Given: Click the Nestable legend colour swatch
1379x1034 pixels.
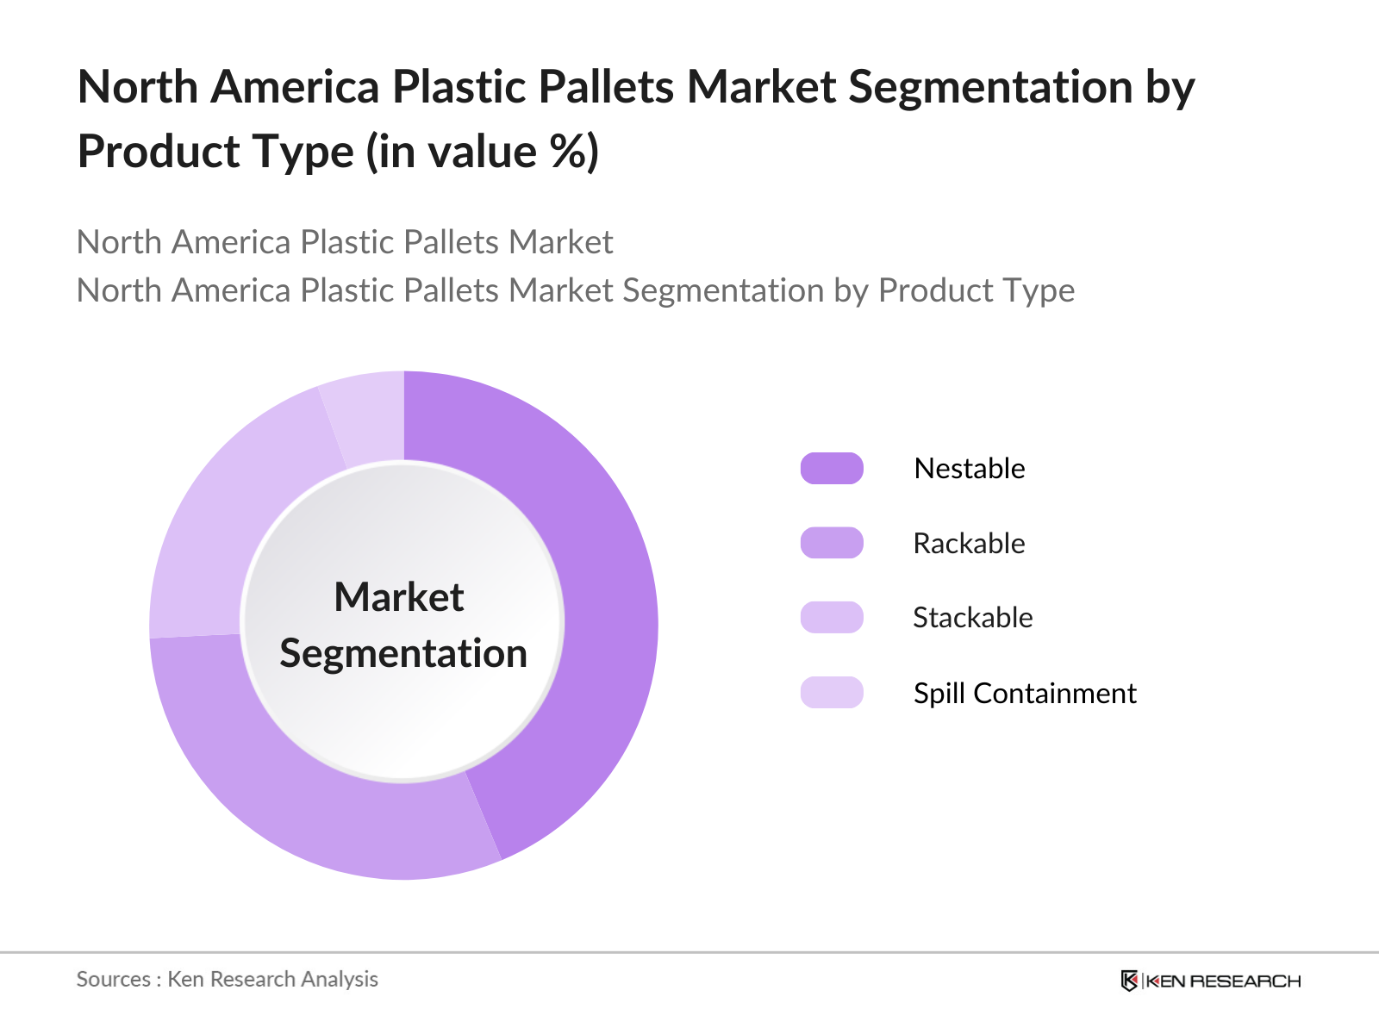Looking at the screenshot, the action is click(831, 469).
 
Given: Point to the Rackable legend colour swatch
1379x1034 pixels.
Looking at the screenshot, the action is click(831, 543).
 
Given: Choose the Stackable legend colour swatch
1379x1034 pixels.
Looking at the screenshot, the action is click(831, 618).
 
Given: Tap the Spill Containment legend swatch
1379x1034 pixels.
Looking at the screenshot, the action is click(831, 693).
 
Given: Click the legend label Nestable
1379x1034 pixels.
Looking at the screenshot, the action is click(970, 469).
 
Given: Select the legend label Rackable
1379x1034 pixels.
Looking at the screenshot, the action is click(970, 543).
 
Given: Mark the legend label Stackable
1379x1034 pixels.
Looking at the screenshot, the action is click(973, 618).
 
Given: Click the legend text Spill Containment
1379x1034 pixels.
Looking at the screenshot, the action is click(1026, 693).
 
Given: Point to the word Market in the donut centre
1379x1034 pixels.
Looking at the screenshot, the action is click(399, 596).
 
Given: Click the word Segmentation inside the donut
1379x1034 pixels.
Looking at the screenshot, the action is click(403, 654).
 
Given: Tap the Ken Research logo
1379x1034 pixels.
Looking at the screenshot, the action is click(1211, 981).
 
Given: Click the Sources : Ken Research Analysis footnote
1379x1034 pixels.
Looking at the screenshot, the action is click(228, 980).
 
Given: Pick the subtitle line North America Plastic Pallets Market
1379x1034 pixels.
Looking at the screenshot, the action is click(344, 242).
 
